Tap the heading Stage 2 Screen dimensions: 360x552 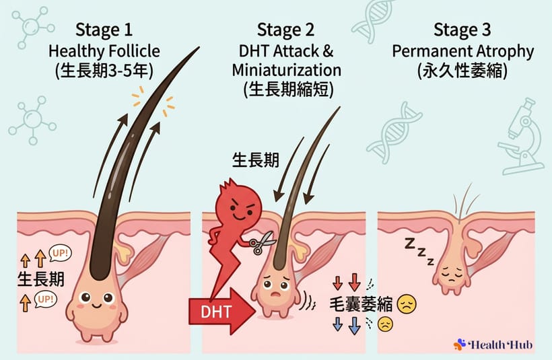(x=287, y=30)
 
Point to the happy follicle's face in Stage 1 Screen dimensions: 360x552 (x=94, y=301)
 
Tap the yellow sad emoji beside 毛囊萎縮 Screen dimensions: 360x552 (x=407, y=303)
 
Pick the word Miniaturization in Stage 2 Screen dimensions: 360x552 (x=287, y=70)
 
